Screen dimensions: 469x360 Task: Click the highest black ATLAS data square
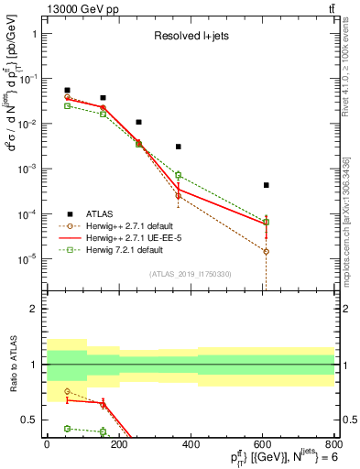pyautogui.click(x=67, y=90)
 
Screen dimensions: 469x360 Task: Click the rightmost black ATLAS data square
pyautogui.click(x=266, y=185)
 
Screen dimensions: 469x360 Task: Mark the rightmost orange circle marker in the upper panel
pyautogui.click(x=266, y=251)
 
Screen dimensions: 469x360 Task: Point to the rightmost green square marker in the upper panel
pyautogui.click(x=266, y=222)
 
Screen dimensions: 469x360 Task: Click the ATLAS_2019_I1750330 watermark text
pyautogui.click(x=191, y=274)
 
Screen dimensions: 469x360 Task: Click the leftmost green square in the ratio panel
pyautogui.click(x=67, y=428)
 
